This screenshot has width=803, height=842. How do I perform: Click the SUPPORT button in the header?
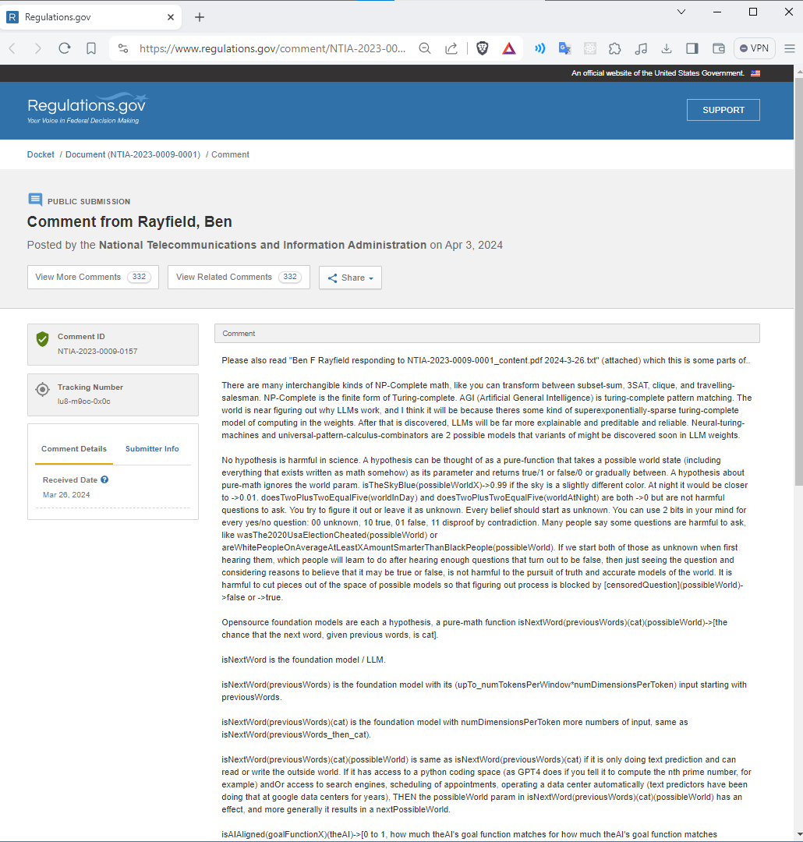[x=723, y=110]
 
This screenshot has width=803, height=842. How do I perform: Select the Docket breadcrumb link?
[x=41, y=154]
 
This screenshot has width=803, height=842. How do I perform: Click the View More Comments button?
[x=93, y=278]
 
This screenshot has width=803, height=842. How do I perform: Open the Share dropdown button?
[x=350, y=278]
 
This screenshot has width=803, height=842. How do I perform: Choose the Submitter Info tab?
[x=152, y=449]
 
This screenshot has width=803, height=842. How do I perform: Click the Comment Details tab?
[x=74, y=449]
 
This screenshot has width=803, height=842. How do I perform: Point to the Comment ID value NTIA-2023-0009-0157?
[x=97, y=352]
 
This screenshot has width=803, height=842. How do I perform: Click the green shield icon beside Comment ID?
[x=43, y=339]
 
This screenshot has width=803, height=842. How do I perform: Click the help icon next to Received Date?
[x=104, y=480]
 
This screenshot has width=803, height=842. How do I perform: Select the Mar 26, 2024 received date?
[x=66, y=495]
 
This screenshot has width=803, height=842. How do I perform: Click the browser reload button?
[x=65, y=48]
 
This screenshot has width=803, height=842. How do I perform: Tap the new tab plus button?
[x=200, y=16]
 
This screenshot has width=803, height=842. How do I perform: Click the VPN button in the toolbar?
[x=754, y=48]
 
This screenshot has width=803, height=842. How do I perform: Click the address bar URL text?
[x=272, y=48]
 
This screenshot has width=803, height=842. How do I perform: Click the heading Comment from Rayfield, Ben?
[x=129, y=222]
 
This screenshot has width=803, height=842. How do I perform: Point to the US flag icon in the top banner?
[x=755, y=73]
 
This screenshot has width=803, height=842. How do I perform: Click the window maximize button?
[x=753, y=12]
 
